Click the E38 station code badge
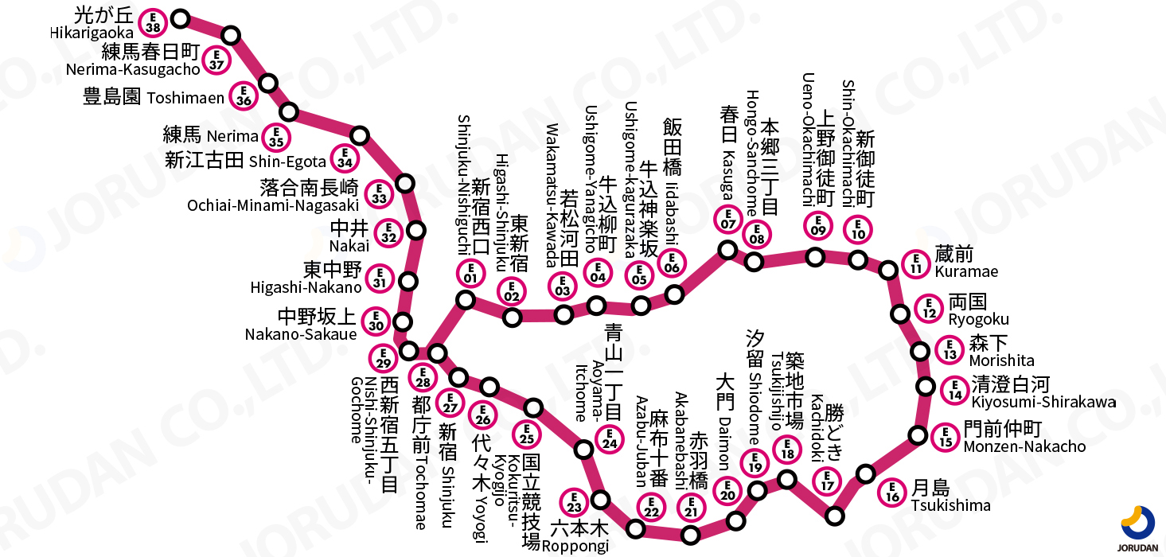pos(154,21)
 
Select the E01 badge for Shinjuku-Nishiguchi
pos(470,273)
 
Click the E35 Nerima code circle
pos(276,137)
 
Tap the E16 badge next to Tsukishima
pos(893,493)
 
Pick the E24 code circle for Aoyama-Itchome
pos(610,438)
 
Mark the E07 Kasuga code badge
pos(728,219)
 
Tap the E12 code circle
pos(928,307)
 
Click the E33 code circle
pos(378,193)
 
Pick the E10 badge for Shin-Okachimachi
pos(859,228)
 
